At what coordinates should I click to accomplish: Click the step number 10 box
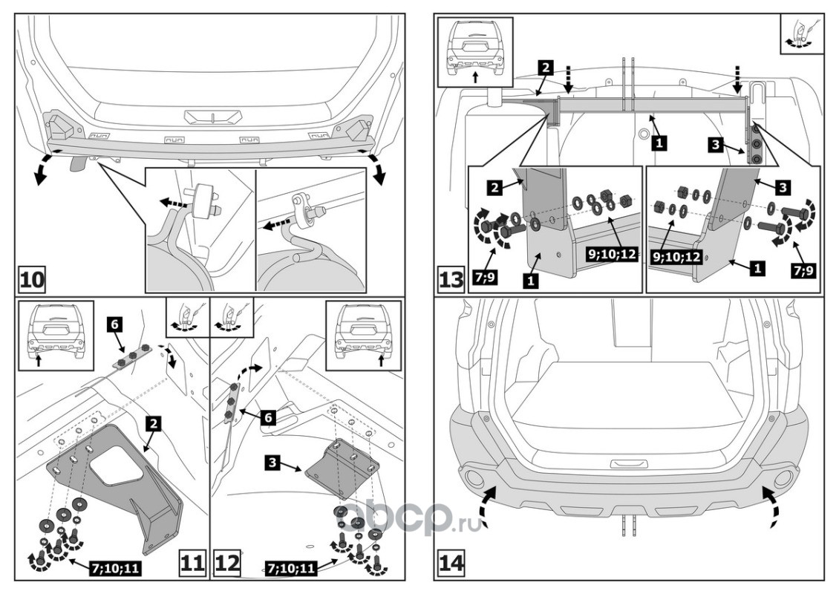[x=32, y=281]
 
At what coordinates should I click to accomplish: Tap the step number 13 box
[x=453, y=281]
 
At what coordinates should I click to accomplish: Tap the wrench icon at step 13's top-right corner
[x=800, y=34]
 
